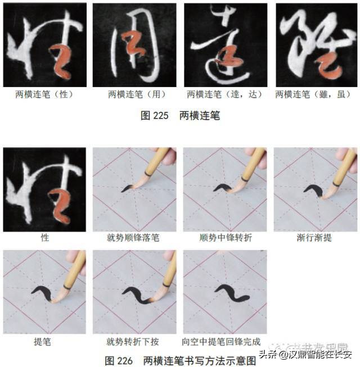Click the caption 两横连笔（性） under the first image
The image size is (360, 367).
point(44,95)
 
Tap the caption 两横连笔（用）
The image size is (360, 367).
point(134,95)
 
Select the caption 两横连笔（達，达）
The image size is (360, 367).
point(224,95)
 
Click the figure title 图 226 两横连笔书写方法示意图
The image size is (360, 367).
point(179,359)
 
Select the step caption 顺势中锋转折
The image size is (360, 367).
point(226,238)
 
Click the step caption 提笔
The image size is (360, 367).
point(44,341)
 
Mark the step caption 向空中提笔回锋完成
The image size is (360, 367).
point(226,341)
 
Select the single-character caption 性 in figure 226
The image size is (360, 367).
point(44,238)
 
